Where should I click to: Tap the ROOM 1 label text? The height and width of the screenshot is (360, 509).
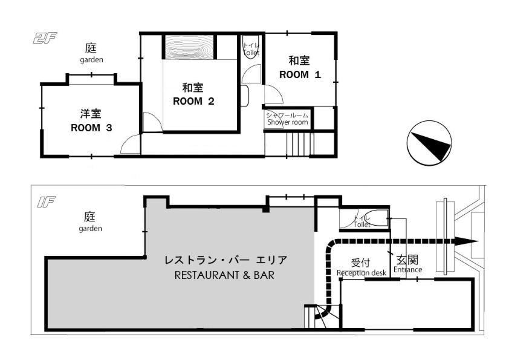pos(299,75)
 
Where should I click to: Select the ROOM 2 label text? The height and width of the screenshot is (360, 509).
pos(193,101)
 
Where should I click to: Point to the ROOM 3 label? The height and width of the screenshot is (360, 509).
pos(91,128)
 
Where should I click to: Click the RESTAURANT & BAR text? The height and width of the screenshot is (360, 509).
pos(224,275)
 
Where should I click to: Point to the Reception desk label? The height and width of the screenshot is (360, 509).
pos(361,272)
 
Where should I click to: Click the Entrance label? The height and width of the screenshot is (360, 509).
pos(407,269)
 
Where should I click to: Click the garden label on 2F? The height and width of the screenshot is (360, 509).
pos(91,60)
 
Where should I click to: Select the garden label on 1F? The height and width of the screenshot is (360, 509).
pos(90,228)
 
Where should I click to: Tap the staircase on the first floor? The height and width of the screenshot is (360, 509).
pos(315,317)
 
